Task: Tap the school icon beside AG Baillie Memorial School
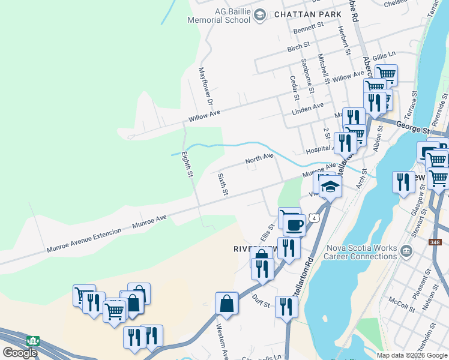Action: coord(259,14)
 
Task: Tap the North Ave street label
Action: coord(259,160)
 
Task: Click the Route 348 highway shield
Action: coord(435,242)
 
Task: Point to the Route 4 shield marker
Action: coord(314,217)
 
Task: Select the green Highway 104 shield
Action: coord(33,341)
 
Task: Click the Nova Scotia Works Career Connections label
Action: coord(360,253)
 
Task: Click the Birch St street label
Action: coord(298,45)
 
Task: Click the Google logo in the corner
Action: coord(20,352)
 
